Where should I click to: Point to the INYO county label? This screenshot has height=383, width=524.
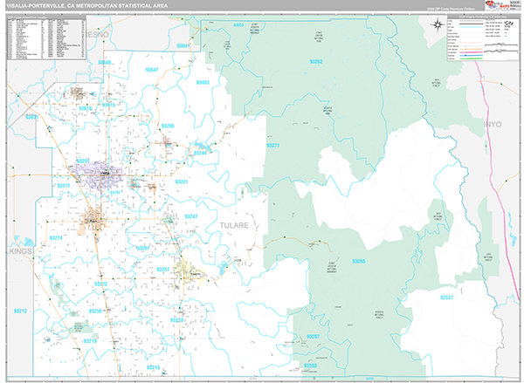491,127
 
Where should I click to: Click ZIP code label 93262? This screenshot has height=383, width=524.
316,62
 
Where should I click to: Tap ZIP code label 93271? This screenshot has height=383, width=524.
272,146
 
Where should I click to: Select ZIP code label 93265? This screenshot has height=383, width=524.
359,261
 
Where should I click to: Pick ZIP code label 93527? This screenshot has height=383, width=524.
446,298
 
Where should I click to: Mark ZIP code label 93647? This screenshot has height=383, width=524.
152,69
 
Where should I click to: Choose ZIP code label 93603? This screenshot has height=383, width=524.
203,82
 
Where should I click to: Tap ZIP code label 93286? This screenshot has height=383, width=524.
168,126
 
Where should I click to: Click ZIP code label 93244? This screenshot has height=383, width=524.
199,153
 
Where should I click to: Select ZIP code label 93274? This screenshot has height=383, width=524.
55,237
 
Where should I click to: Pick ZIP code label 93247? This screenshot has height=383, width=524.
191,215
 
